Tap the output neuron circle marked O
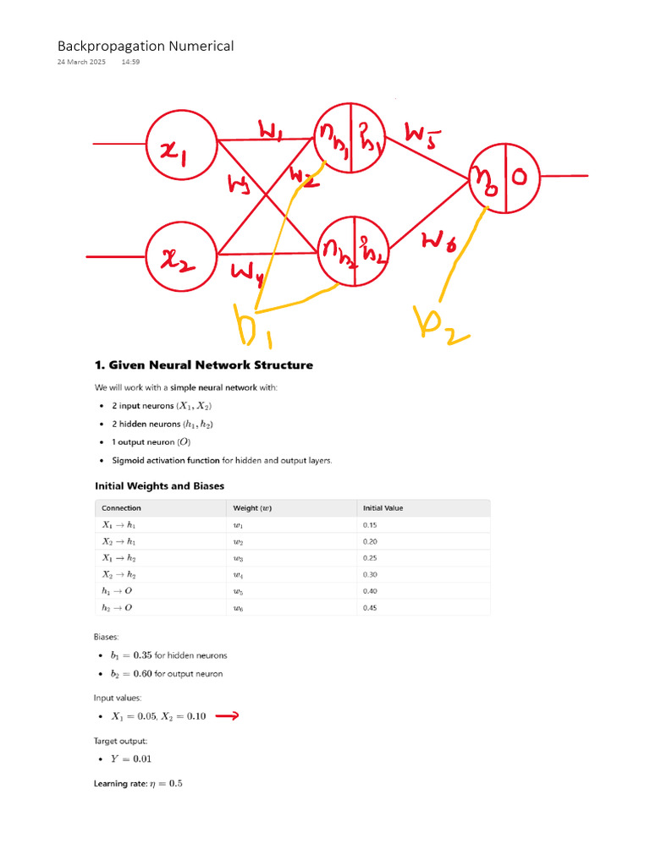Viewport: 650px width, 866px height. click(505, 178)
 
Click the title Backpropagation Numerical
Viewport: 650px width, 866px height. click(146, 47)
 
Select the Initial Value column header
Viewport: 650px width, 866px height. click(383, 508)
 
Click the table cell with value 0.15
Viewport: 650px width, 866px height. click(370, 525)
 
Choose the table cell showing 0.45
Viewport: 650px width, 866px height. click(370, 607)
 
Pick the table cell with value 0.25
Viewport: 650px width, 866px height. click(370, 558)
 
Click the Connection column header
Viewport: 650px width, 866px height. click(121, 508)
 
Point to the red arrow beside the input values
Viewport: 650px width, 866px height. click(227, 716)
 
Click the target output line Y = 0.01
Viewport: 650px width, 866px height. click(131, 759)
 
